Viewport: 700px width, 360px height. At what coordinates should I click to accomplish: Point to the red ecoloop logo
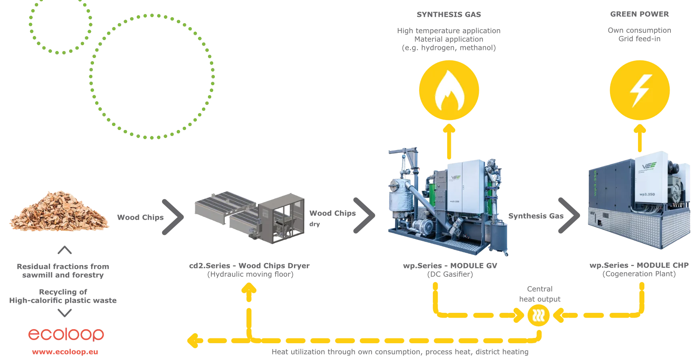66,335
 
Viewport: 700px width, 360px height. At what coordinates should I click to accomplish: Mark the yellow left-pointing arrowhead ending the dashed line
193,340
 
